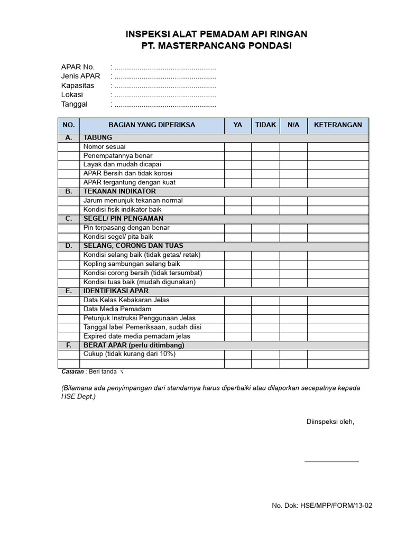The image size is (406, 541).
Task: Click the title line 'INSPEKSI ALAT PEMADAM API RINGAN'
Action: point(216,34)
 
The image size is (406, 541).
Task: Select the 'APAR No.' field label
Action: point(78,67)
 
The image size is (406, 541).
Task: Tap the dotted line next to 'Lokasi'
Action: point(165,95)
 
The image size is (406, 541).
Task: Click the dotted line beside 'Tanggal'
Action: point(165,104)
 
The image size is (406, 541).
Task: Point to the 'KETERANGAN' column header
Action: point(338,125)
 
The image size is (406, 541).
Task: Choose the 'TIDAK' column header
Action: point(265,125)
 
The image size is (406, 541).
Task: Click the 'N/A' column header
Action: point(293,125)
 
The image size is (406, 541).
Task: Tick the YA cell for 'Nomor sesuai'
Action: point(237,146)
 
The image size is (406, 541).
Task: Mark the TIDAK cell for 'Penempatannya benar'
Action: point(265,156)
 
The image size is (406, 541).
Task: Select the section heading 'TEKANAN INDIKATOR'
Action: point(119,191)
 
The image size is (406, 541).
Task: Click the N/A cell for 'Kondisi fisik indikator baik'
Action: point(293,210)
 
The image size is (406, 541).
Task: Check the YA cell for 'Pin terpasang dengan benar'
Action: point(237,228)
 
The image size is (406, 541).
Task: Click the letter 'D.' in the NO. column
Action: point(68,246)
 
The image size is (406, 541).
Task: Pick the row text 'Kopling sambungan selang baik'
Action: point(132,264)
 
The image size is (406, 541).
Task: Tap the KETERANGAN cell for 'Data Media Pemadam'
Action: point(338,309)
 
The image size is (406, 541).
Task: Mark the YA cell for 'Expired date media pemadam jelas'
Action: point(237,336)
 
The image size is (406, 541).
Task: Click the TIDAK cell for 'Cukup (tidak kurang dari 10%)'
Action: point(265,354)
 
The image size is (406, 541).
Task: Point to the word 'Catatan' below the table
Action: point(73,372)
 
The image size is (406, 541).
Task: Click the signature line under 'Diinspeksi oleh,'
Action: point(331,461)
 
